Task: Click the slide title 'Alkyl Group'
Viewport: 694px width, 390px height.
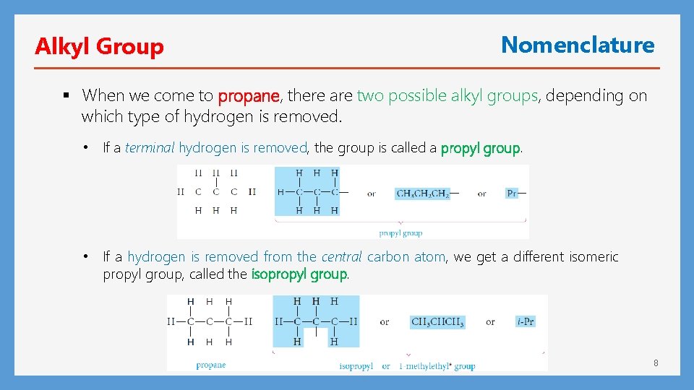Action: coord(99,47)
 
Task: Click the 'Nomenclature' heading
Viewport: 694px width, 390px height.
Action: coord(578,45)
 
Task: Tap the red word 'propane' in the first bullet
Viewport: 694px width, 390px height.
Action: coord(249,95)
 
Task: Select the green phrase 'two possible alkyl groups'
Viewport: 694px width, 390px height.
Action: coord(447,95)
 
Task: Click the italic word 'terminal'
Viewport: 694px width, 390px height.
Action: coord(150,148)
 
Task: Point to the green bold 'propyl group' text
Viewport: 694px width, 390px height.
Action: coord(480,148)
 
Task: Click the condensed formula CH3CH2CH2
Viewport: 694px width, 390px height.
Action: coord(422,194)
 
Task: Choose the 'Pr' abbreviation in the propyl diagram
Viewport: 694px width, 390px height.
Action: coord(512,194)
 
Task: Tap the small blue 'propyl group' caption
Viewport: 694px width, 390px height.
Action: coord(400,233)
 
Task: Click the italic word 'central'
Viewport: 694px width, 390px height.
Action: coord(341,257)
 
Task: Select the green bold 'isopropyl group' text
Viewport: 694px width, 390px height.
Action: coord(299,274)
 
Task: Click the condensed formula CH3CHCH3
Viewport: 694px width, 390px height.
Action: coord(437,322)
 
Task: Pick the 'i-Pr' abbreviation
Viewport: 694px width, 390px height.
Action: coord(526,321)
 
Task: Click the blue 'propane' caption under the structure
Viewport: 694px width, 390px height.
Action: coord(211,365)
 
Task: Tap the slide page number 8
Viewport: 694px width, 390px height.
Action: coord(656,363)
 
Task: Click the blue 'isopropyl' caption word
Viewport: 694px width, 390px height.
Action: coord(356,366)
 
